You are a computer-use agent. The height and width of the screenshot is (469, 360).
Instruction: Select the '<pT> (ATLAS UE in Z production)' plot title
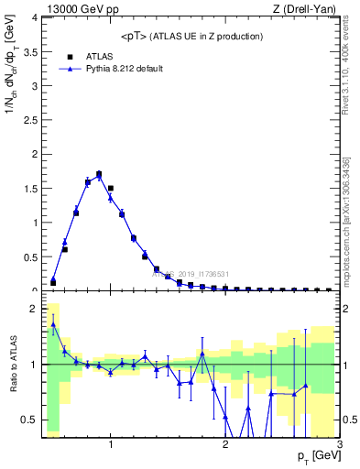tap(191, 36)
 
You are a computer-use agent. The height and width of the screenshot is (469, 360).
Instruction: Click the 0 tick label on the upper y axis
tap(34, 289)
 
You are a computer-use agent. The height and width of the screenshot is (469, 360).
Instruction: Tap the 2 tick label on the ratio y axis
tap(34, 309)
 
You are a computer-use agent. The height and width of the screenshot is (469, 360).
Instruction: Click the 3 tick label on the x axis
tap(339, 445)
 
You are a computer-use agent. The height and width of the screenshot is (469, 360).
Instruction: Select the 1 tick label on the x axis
tap(111, 445)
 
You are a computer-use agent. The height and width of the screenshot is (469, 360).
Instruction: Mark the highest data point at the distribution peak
tap(99, 174)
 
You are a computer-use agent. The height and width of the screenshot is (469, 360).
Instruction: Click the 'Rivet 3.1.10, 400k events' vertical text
tap(349, 64)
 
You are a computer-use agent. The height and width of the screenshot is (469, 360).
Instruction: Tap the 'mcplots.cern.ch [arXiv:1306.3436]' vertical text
tap(349, 220)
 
